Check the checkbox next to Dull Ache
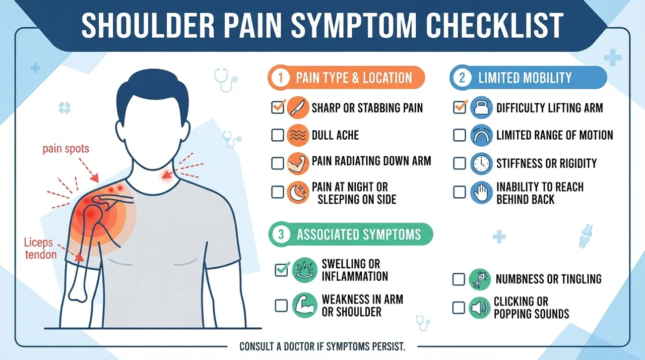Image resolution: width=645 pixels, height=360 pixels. pos(278,135)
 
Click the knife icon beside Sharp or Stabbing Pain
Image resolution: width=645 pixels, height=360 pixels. pos(298,108)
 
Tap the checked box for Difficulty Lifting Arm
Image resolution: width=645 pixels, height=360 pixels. pos(460,107)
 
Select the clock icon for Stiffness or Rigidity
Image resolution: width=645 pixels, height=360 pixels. pos(481,163)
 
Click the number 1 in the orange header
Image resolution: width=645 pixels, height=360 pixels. pos(280,78)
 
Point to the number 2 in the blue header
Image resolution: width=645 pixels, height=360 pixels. pos(463,78)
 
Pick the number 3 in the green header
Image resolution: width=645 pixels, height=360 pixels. pos(281,234)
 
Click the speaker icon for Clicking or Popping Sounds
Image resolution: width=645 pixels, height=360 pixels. pos(479,308)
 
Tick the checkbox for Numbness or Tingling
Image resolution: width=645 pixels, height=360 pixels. pos(459,279)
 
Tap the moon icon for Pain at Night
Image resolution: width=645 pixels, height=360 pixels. pos(298,193)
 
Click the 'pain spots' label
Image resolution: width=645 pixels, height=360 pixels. pos(66,149)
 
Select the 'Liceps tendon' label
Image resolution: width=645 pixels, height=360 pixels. pos(40,249)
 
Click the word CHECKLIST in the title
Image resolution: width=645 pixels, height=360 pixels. pos(495,25)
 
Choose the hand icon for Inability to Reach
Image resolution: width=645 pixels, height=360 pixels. pos(481,193)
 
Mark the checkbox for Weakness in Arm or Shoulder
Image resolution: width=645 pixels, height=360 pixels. pos(281,306)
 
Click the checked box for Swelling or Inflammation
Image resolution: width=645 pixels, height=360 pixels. pos(281,270)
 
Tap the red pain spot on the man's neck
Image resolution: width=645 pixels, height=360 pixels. pos(166,174)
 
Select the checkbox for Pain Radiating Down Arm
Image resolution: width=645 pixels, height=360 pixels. pos(278,163)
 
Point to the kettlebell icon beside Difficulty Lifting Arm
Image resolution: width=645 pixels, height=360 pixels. pos(481,108)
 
